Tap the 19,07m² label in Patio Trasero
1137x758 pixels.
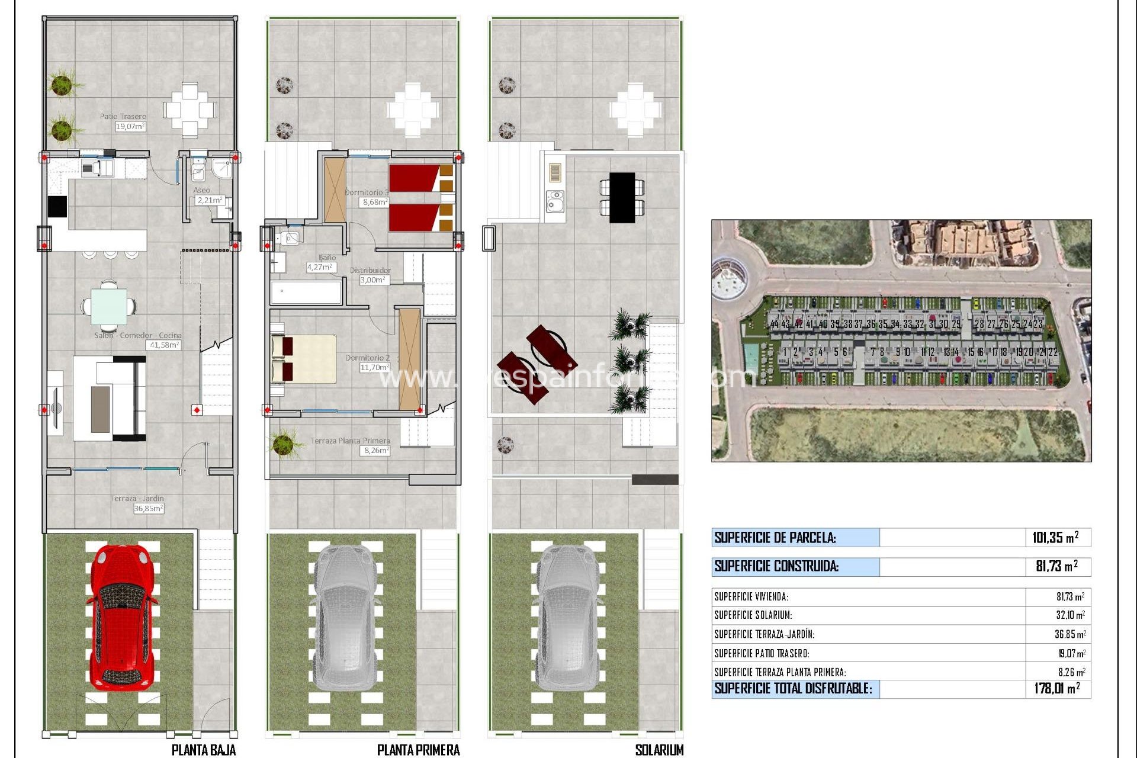tap(130, 127)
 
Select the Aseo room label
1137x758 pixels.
tap(201, 190)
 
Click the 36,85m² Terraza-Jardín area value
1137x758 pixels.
tap(148, 508)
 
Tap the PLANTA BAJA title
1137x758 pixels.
tap(203, 750)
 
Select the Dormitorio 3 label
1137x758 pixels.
tap(367, 192)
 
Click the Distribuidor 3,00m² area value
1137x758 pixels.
tap(374, 280)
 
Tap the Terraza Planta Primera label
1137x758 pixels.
tap(350, 441)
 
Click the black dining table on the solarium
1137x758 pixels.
tap(622, 197)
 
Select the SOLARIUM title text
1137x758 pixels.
tap(659, 750)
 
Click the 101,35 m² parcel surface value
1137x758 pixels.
tap(1055, 538)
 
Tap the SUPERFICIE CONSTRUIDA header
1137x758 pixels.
tap(776, 566)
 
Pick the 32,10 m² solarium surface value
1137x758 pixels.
tap(1070, 615)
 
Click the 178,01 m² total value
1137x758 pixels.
tap(1056, 688)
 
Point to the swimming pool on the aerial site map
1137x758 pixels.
tap(750, 356)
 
